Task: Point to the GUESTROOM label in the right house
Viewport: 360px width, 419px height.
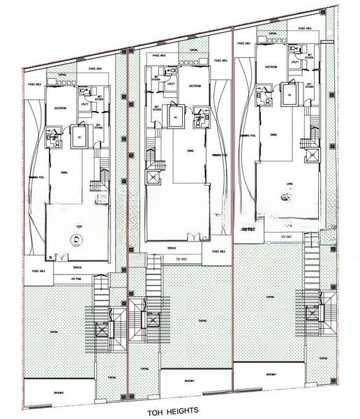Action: (271, 66)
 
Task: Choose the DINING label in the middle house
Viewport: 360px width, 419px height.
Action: (190, 149)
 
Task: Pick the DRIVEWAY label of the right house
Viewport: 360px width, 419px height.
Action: (274, 374)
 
